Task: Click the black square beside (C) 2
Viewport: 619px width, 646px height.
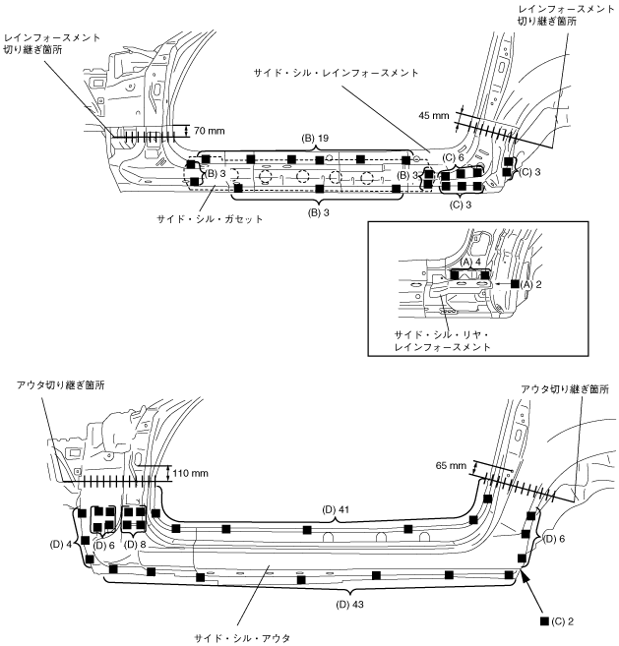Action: pyautogui.click(x=544, y=621)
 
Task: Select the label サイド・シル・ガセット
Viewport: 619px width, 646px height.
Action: pyautogui.click(x=210, y=219)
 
